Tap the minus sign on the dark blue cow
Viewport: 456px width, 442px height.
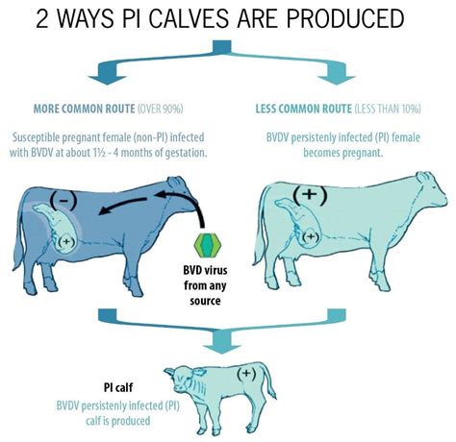click(x=63, y=200)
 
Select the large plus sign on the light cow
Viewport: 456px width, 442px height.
click(x=310, y=193)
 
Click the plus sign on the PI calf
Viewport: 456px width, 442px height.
click(x=246, y=373)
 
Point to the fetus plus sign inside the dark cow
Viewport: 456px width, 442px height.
click(x=66, y=241)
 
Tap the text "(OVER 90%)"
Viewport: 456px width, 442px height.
click(x=161, y=110)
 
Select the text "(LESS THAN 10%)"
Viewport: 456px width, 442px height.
click(x=388, y=110)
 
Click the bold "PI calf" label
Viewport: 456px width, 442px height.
click(x=118, y=387)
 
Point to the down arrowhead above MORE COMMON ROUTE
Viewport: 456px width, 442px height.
click(x=107, y=80)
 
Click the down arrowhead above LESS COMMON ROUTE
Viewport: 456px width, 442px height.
click(x=337, y=80)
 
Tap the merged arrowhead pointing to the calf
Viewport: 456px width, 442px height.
click(x=221, y=349)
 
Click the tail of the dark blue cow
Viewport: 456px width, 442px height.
click(x=18, y=237)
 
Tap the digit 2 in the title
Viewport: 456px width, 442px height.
click(x=41, y=18)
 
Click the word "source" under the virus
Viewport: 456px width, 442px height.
click(x=205, y=301)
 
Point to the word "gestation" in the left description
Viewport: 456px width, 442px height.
click(x=186, y=153)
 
